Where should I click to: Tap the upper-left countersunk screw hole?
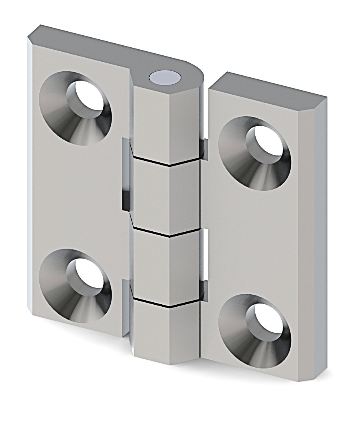[75, 108]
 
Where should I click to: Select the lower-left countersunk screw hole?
[75, 285]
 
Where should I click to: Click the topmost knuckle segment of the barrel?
[165, 124]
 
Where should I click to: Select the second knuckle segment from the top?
[165, 196]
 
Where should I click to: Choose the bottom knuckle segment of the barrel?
[165, 333]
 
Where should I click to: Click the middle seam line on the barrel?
[165, 233]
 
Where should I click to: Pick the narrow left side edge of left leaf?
[30, 176]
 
